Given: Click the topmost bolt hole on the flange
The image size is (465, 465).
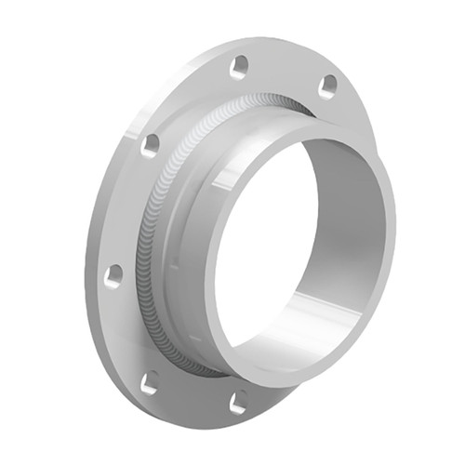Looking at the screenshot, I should pos(240,66).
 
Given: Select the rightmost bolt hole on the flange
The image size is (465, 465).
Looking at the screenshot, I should pos(327,86).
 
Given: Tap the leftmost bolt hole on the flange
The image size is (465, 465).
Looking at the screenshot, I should pos(113,275).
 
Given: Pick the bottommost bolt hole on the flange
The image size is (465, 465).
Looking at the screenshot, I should pos(239,402).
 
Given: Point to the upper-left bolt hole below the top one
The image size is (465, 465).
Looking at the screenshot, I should pos(149,144).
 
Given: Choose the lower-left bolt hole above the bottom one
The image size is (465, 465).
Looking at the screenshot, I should pos(149,381).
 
